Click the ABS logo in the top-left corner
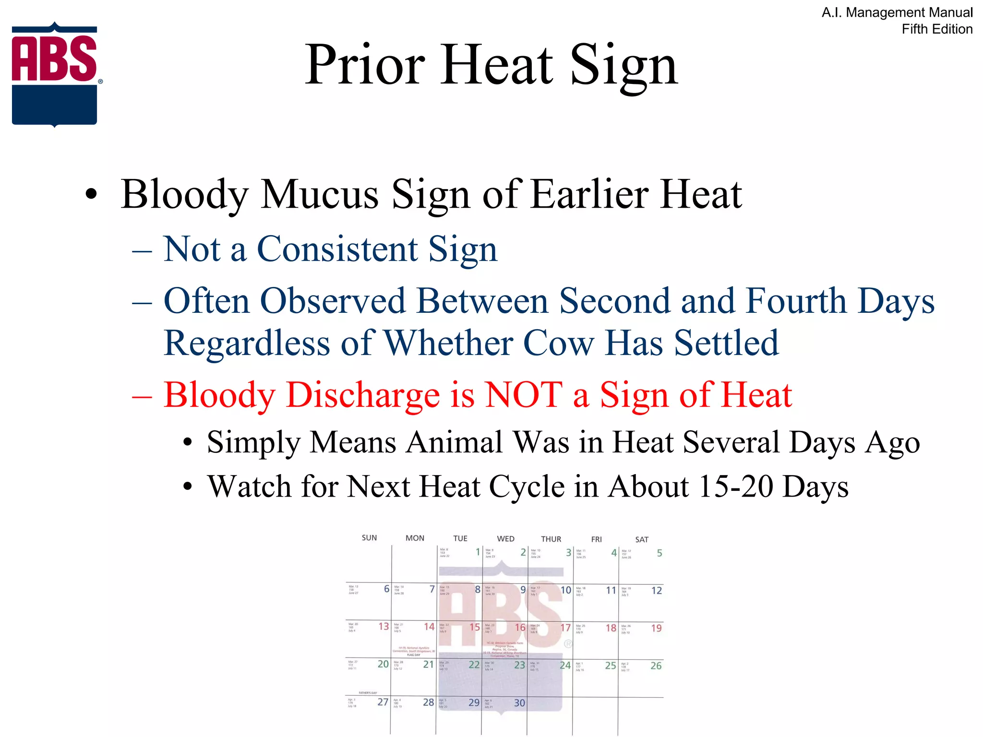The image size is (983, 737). point(55,74)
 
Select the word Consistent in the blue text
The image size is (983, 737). point(337,249)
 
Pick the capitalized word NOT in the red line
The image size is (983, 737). point(523,395)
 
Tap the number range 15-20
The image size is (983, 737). point(735,487)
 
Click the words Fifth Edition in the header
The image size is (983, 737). point(936,29)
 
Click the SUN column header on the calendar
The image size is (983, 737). point(369,538)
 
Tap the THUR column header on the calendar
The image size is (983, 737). point(551,539)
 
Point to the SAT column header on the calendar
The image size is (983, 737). point(642,539)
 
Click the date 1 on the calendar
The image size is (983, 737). point(478,552)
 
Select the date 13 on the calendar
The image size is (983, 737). point(384,626)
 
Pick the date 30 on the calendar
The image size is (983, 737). point(519,703)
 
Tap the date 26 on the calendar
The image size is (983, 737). point(656,666)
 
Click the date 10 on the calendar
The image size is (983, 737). point(566,590)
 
